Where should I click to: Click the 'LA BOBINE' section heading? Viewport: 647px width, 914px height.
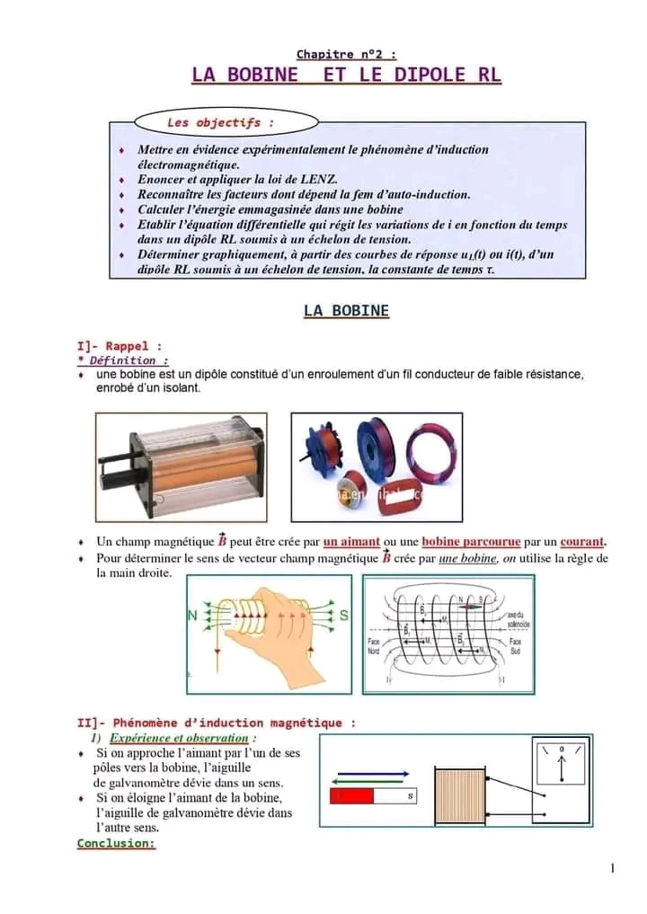pyautogui.click(x=346, y=311)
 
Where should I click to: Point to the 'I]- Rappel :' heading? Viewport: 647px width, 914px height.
pyautogui.click(x=120, y=345)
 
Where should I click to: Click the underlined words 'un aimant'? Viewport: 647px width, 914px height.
pyautogui.click(x=351, y=542)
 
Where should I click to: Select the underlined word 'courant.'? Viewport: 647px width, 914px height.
pyautogui.click(x=583, y=542)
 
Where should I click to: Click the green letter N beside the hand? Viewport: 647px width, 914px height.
pyautogui.click(x=191, y=617)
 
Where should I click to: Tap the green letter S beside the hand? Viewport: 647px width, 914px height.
pyautogui.click(x=344, y=617)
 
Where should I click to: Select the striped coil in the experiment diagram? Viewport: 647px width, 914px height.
pyautogui.click(x=462, y=796)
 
